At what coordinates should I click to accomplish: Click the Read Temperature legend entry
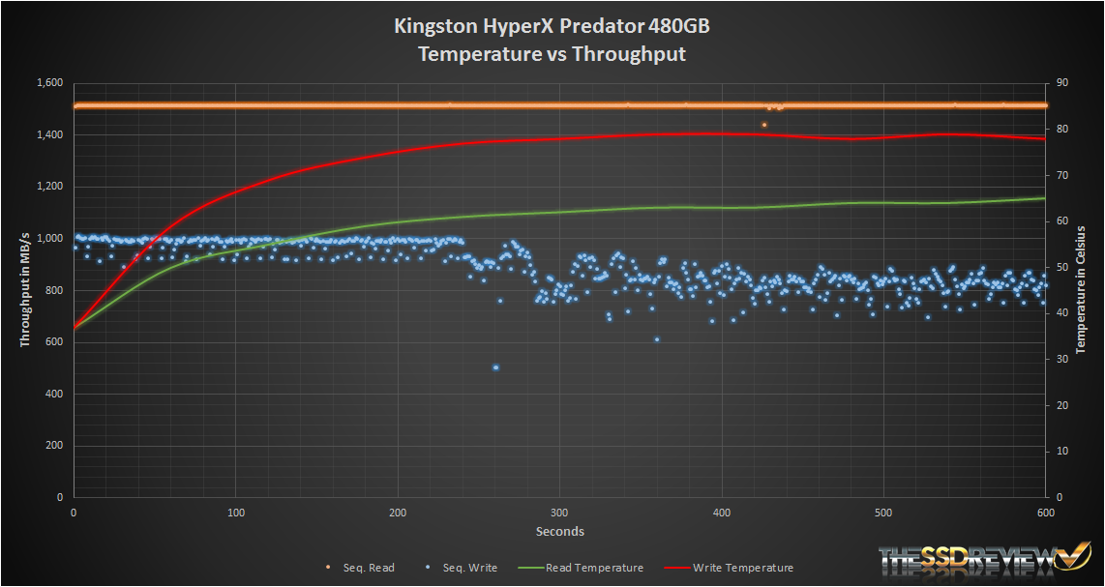(594, 568)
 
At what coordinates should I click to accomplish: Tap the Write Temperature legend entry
(742, 568)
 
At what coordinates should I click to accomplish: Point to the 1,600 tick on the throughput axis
(47, 83)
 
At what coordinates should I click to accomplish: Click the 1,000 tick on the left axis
(47, 239)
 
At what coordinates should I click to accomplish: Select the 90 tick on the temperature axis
(1061, 83)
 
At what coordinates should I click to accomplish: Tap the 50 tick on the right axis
(1061, 267)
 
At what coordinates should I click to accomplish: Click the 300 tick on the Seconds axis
(558, 512)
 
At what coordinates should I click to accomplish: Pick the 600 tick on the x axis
(1045, 512)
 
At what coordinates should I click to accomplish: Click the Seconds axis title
(559, 531)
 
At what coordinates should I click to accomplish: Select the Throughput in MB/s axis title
(24, 290)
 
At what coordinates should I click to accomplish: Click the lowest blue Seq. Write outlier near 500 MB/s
(495, 367)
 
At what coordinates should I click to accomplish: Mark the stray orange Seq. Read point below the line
(764, 125)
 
